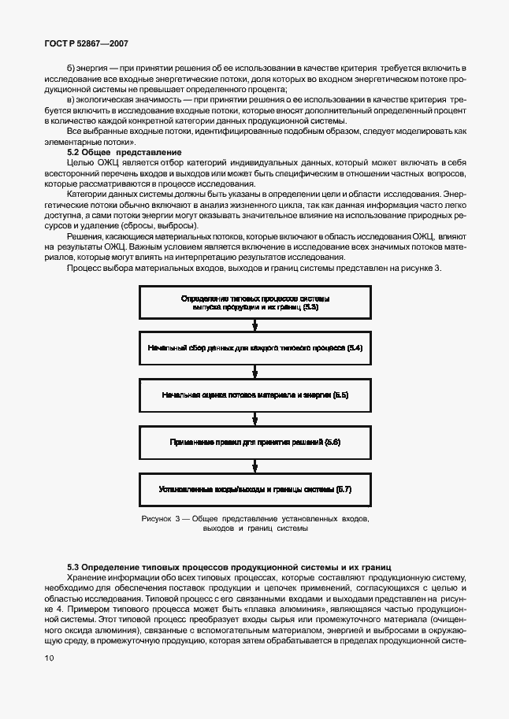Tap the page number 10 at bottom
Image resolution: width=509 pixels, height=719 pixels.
pyautogui.click(x=50, y=657)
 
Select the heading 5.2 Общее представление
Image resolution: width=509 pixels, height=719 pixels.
pyautogui.click(x=124, y=151)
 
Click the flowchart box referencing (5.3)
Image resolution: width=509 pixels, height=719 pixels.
pyautogui.click(x=254, y=303)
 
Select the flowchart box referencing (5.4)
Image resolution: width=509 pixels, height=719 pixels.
pyautogui.click(x=254, y=347)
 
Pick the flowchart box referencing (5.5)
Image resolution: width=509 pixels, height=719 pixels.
pyautogui.click(x=254, y=394)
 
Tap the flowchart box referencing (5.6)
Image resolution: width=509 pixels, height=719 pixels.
pyautogui.click(x=254, y=443)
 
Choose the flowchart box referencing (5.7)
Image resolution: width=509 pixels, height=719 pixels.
pyautogui.click(x=254, y=489)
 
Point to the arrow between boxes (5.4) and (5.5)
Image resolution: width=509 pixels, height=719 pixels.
pyautogui.click(x=254, y=371)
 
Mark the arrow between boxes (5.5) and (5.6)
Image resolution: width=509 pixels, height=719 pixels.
pyautogui.click(x=254, y=418)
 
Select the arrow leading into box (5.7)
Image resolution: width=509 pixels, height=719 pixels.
pyautogui.click(x=254, y=466)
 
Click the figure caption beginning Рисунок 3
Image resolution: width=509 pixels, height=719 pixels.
pyautogui.click(x=254, y=524)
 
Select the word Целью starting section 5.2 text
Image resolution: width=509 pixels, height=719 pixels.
pyautogui.click(x=81, y=161)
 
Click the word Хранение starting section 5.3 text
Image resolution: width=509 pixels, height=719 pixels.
pyautogui.click(x=87, y=577)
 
